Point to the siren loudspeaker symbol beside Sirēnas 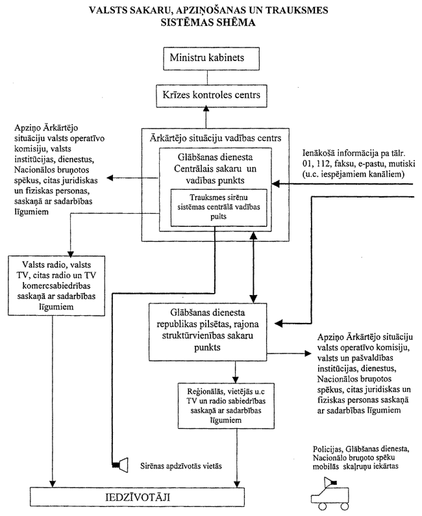coord(118,465)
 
